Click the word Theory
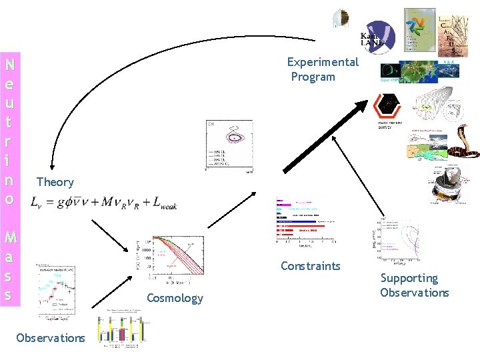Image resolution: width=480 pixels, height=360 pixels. tap(55, 182)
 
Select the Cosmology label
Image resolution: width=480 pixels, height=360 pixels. tap(174, 298)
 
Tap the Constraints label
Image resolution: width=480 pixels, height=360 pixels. tap(310, 267)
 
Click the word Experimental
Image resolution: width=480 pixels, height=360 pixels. tap(323, 62)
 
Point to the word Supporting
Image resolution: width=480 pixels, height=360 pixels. tap(409, 278)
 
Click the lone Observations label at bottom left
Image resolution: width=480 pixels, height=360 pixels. tap(51, 338)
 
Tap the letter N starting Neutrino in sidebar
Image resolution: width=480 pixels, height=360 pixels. tap(9, 65)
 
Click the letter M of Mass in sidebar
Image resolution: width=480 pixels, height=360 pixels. tap(9, 237)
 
